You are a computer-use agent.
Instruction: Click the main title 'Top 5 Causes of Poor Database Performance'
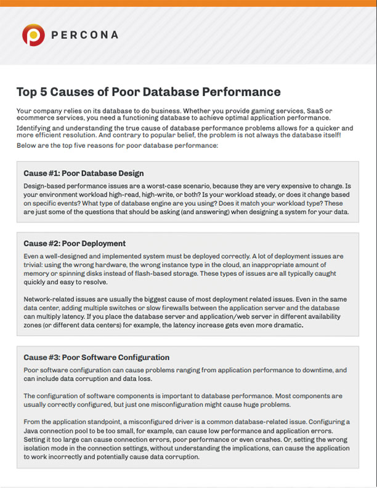(x=148, y=92)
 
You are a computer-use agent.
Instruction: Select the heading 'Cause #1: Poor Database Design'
(x=84, y=173)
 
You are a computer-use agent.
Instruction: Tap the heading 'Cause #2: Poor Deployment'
(x=75, y=243)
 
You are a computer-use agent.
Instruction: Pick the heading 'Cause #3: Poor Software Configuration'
(x=96, y=357)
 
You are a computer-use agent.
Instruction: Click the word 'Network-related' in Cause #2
(x=49, y=299)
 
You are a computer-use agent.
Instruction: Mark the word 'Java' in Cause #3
(x=32, y=430)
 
